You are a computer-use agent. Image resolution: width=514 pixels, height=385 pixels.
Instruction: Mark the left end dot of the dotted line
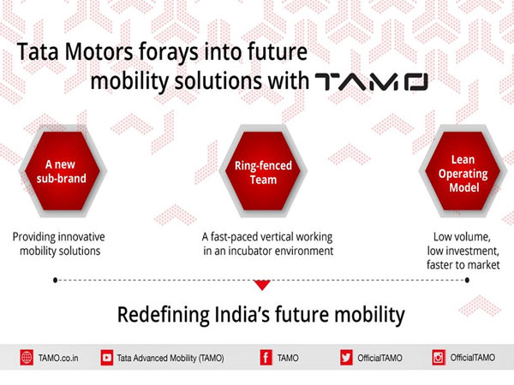(55, 279)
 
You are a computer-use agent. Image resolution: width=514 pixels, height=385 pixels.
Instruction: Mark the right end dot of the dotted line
(463, 279)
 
